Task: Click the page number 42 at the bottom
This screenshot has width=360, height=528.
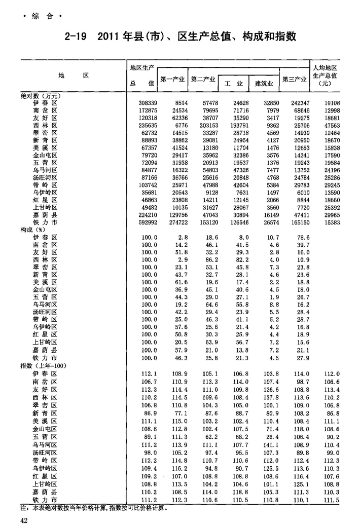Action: (x=24, y=520)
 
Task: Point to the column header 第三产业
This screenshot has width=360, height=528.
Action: (x=295, y=80)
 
